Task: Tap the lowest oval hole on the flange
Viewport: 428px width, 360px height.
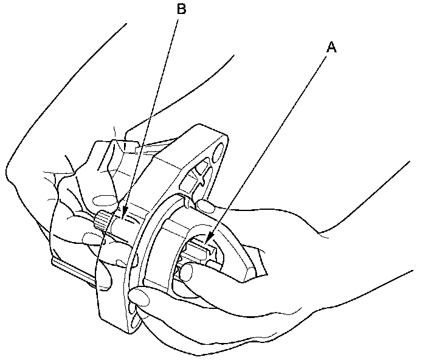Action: (133, 311)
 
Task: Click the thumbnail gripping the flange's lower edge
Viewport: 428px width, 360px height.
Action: (142, 297)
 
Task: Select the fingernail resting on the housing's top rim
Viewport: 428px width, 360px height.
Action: (205, 207)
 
